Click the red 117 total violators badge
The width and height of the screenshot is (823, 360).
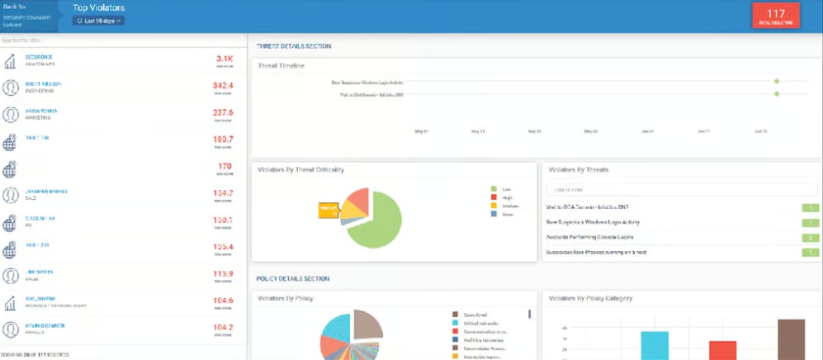[x=776, y=17]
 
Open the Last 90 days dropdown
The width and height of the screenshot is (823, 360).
[x=97, y=21]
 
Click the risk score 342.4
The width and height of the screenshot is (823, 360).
[x=223, y=86]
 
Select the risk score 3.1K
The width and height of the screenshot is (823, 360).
[x=225, y=59]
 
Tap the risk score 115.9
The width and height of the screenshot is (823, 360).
[x=223, y=273]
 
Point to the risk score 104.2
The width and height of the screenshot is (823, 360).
[x=223, y=327]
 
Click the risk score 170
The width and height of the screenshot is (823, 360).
[x=225, y=166]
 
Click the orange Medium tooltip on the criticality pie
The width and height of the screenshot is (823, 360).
[x=329, y=209]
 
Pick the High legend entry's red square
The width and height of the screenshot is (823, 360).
[x=494, y=197]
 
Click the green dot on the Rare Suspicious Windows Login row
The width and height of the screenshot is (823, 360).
[x=777, y=82]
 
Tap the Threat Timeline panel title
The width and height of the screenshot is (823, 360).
[x=282, y=65]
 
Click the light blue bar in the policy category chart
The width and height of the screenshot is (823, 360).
[x=655, y=344]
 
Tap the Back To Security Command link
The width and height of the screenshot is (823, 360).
[x=26, y=16]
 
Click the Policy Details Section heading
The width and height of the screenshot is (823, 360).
[x=293, y=278]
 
